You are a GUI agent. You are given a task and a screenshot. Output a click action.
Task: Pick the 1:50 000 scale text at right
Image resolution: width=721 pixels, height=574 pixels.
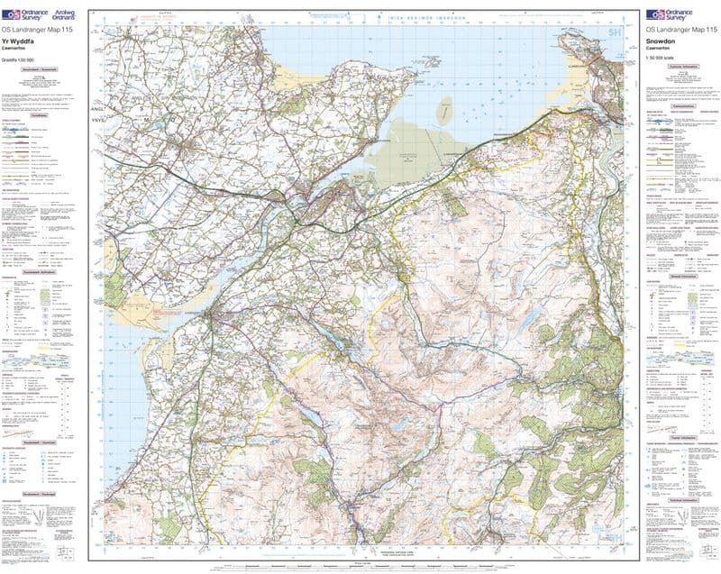[662, 59]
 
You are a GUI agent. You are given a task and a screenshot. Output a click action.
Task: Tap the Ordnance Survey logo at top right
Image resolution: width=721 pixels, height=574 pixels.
[668, 14]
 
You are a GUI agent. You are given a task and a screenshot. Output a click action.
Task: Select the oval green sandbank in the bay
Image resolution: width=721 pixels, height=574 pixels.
[445, 111]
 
